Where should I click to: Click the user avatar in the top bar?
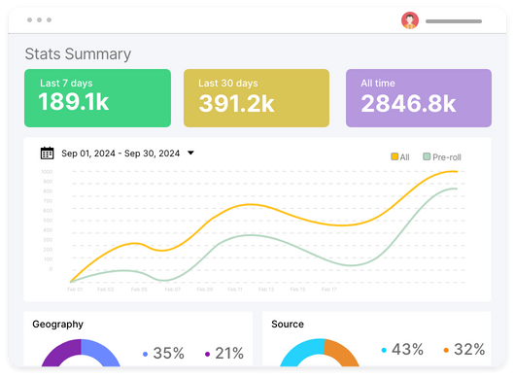(410, 20)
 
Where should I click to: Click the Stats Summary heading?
(78, 54)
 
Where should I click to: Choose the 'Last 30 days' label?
(228, 84)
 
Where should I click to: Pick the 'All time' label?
(378, 84)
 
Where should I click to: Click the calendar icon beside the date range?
(47, 153)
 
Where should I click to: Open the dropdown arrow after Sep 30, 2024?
(190, 153)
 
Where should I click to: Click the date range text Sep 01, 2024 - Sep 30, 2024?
(120, 154)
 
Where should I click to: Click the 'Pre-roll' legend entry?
(442, 156)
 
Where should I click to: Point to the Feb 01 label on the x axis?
(75, 289)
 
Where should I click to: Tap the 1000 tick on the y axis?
(47, 172)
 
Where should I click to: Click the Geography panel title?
(57, 325)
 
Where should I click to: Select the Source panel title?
(288, 325)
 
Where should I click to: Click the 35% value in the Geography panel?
(169, 354)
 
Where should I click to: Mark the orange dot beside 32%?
(445, 350)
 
